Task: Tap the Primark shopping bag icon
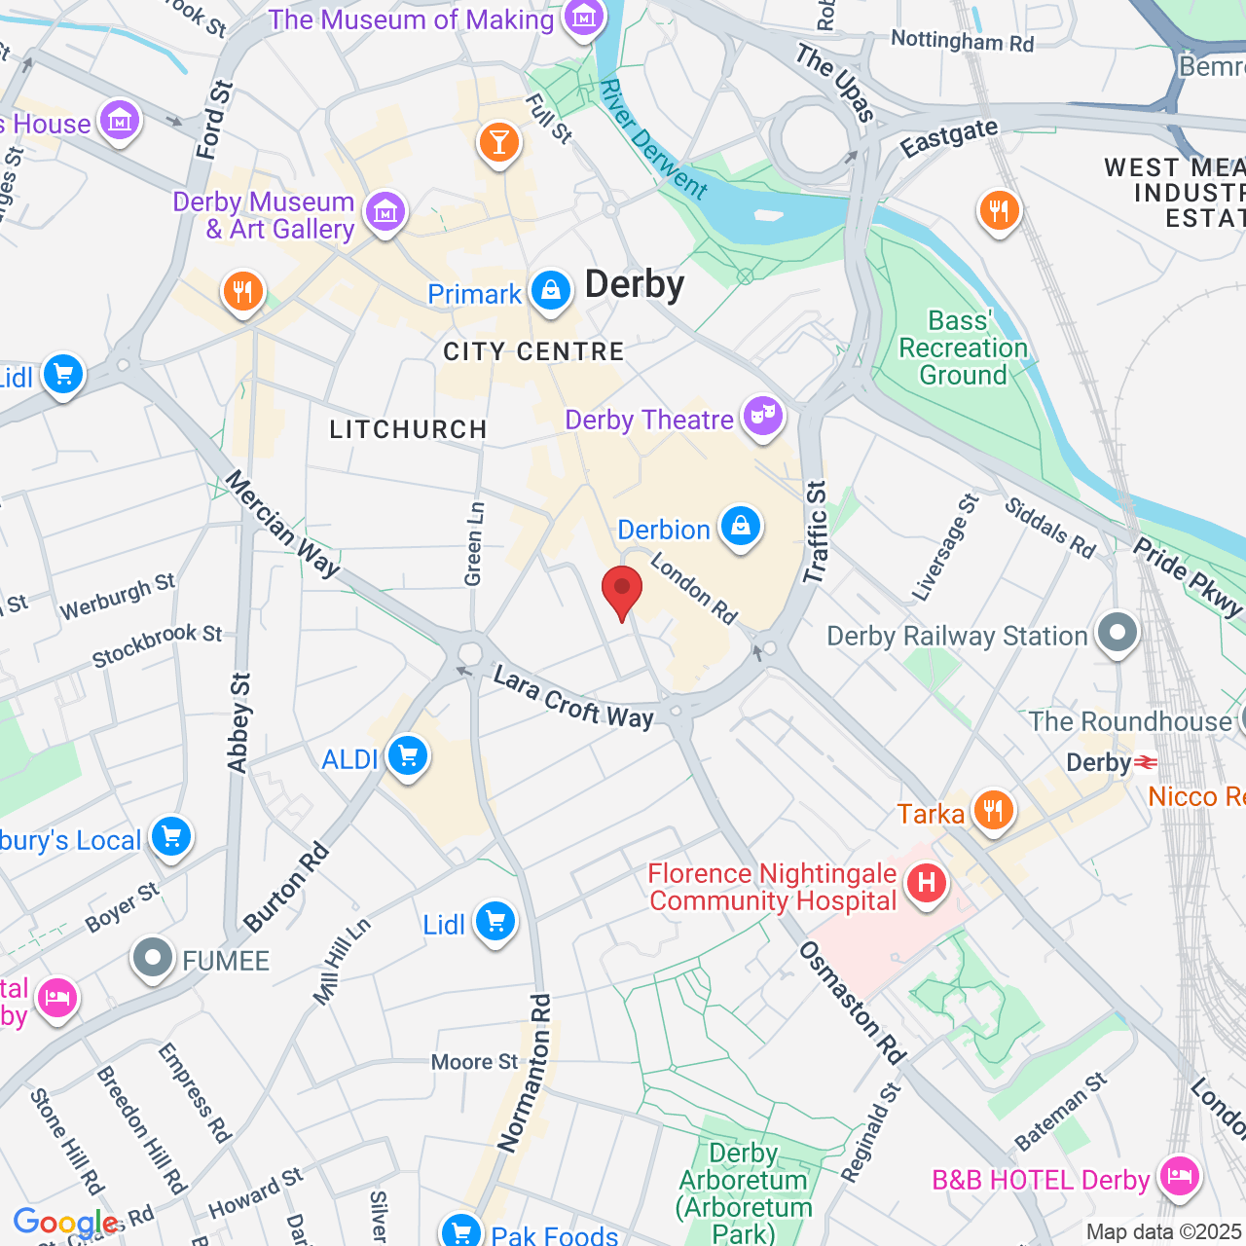(551, 291)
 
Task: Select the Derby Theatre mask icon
(763, 417)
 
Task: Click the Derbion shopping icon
(741, 527)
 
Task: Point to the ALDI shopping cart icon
(408, 756)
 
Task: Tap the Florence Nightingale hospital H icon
(926, 883)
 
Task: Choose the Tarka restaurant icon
(992, 810)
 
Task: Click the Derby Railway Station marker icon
(1118, 634)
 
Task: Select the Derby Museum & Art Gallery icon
(385, 211)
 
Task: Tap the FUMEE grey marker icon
(153, 959)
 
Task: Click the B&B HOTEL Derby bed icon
(1180, 1176)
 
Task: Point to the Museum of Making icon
(584, 18)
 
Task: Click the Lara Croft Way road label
(573, 698)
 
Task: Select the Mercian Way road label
(282, 524)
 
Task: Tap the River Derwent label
(653, 139)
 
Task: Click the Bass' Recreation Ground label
(963, 348)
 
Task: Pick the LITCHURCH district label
(408, 429)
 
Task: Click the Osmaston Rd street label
(853, 1003)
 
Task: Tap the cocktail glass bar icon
(499, 143)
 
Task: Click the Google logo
(66, 1223)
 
